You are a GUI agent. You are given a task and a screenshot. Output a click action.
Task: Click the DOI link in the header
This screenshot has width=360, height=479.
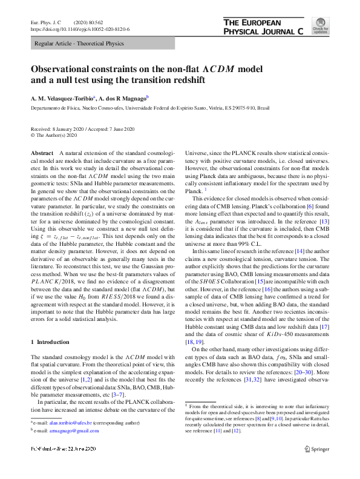[x=79, y=28]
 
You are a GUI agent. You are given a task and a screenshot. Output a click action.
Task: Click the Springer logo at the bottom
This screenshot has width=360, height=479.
[x=316, y=466]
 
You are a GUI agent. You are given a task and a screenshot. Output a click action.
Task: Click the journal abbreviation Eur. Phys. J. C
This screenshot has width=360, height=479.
[x=47, y=22]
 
